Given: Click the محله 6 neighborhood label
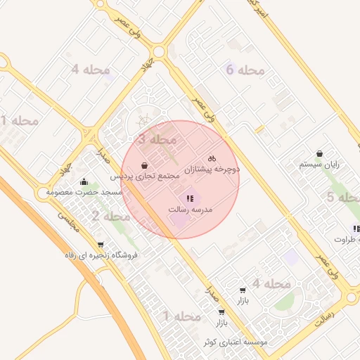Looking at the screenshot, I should tap(245, 70).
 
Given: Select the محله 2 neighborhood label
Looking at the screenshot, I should tap(111, 216).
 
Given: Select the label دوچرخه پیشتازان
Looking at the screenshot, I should tap(212, 169).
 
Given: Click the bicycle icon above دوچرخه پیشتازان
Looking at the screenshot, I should tap(212, 159).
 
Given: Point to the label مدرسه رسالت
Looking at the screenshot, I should tap(191, 210).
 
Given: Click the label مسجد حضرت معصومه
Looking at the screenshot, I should tap(84, 192).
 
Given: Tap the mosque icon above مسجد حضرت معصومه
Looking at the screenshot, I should tap(84, 182).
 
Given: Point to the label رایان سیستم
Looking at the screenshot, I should tap(319, 164).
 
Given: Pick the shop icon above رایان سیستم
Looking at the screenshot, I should tap(320, 153).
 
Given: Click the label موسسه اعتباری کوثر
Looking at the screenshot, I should tap(235, 342).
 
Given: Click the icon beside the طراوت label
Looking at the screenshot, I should tap(356, 229).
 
